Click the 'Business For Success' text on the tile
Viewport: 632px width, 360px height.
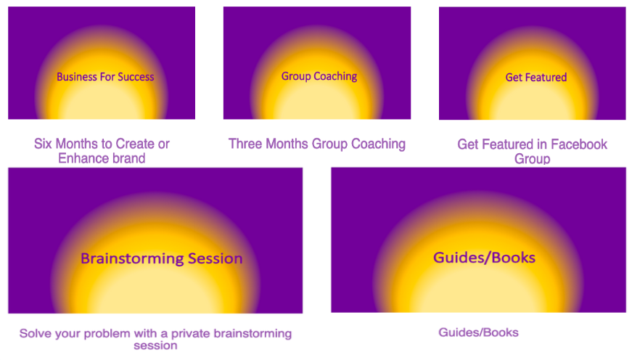point(105,77)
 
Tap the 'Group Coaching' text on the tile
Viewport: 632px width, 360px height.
point(319,76)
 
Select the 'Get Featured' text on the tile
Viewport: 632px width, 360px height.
point(536,77)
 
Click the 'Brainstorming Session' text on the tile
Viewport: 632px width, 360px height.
point(162,258)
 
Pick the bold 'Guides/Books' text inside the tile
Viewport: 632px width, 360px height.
point(484,258)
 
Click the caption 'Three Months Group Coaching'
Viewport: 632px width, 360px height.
point(317,144)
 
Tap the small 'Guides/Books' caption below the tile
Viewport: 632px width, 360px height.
point(478,332)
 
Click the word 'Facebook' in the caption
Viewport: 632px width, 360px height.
point(579,144)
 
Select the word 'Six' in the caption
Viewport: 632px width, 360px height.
point(43,144)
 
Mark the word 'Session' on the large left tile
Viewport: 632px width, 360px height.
point(216,258)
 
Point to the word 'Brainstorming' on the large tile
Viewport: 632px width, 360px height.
point(132,258)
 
